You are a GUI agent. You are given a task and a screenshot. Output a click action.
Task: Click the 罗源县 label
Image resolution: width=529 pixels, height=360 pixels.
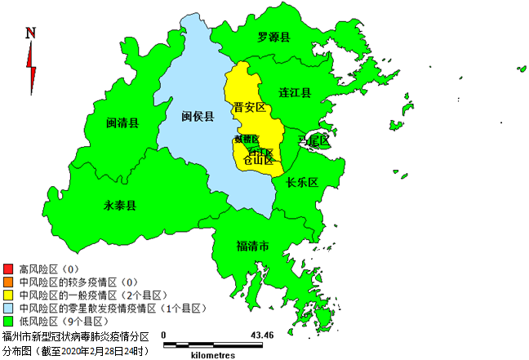pos(274,38)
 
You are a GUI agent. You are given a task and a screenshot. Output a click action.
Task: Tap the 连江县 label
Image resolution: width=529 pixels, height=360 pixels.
pos(295,93)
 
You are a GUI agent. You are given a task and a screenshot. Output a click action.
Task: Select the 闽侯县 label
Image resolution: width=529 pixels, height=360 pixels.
pos(198,117)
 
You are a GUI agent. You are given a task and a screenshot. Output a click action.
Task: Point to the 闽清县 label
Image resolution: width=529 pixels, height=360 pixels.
pos(122,123)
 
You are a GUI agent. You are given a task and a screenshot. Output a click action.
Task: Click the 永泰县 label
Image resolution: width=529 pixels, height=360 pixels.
pos(119,204)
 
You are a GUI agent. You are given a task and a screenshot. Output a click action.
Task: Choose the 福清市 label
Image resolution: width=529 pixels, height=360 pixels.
pos(253,246)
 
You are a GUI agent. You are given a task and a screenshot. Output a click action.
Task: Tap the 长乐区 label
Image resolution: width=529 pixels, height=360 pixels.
pos(302,182)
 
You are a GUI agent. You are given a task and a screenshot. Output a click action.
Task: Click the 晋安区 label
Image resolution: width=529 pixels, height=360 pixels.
pos(250,108)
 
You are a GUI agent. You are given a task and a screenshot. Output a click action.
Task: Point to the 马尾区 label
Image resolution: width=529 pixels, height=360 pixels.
pos(313,141)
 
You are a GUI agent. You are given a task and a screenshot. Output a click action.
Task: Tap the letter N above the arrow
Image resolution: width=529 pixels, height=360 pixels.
pos(31,33)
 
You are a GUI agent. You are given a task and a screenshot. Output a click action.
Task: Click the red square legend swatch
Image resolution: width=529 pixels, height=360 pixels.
pos(8,269)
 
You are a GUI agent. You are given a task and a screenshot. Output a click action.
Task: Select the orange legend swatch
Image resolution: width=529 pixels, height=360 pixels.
pos(8,282)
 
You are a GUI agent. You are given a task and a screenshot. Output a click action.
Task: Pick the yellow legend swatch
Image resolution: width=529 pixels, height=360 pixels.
pos(8,295)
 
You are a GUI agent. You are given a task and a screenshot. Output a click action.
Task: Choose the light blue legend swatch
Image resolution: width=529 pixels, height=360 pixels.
pos(8,308)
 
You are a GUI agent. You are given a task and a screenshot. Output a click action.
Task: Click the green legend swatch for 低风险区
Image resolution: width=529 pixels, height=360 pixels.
pos(8,321)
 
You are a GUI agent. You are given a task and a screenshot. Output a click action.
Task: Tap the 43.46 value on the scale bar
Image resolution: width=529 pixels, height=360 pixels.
pos(262,336)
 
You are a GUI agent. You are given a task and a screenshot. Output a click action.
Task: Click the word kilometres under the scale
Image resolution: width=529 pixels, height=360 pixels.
pos(214,355)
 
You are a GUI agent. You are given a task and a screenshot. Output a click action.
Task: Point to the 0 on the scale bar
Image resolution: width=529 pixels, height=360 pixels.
pos(163,336)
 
